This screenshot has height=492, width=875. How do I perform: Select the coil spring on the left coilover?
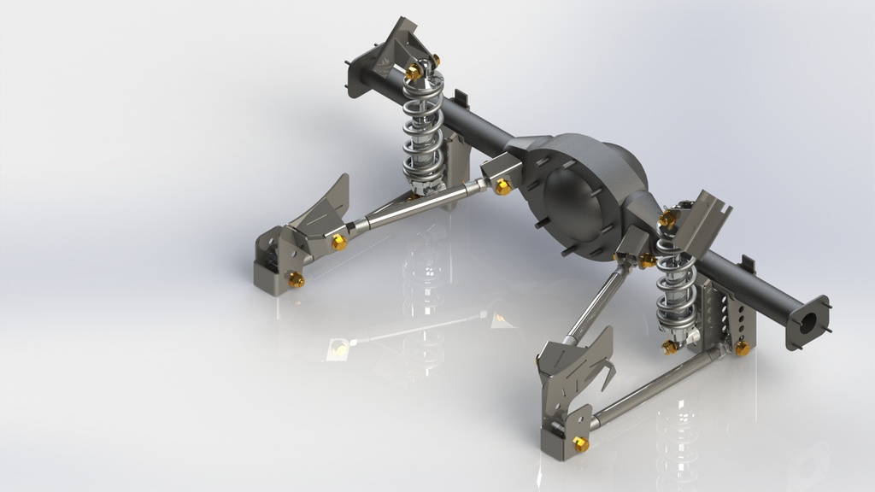tap(425, 128)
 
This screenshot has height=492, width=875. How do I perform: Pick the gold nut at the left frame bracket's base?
tap(297, 279)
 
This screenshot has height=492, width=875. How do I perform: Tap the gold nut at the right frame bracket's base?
tap(581, 443)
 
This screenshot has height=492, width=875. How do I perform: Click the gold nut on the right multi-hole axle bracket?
tap(742, 348)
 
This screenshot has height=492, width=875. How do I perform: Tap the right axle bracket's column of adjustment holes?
tap(726, 316)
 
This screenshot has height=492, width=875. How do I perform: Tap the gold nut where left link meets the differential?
tap(503, 186)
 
